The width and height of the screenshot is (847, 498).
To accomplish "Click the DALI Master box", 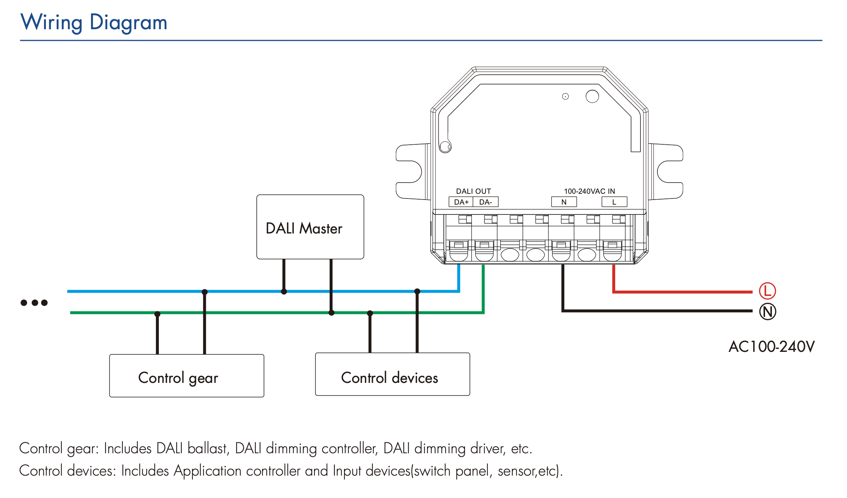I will coord(310,227).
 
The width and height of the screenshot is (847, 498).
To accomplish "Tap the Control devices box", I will coord(392,374).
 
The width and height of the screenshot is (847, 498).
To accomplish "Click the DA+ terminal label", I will coord(461,202).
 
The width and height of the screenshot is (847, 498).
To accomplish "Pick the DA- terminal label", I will coord(486,202).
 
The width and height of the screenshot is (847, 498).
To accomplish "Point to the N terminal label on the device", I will coord(564,202).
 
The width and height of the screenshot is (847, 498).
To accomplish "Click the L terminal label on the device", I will coord(614,202).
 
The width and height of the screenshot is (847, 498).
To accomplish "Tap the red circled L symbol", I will coord(767,291).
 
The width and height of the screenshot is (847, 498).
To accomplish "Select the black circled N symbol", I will coord(768,312).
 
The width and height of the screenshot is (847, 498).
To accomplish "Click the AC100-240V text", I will coord(772,347).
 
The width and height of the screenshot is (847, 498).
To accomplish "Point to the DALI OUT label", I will coord(473,191).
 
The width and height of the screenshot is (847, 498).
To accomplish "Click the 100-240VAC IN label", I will coord(589,191).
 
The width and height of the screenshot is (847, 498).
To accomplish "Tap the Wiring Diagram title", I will coord(94,22).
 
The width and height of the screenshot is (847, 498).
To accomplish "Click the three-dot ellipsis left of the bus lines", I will coord(34,303).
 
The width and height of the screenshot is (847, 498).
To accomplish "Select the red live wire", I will coord(682,292).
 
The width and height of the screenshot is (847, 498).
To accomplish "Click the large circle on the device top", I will coord(592,96).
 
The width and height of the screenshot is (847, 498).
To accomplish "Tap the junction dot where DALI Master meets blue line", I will coord(284,292).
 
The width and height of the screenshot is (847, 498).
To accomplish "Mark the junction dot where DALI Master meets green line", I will coord(331,313).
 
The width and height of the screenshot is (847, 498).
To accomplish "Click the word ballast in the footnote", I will coord(208,449).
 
